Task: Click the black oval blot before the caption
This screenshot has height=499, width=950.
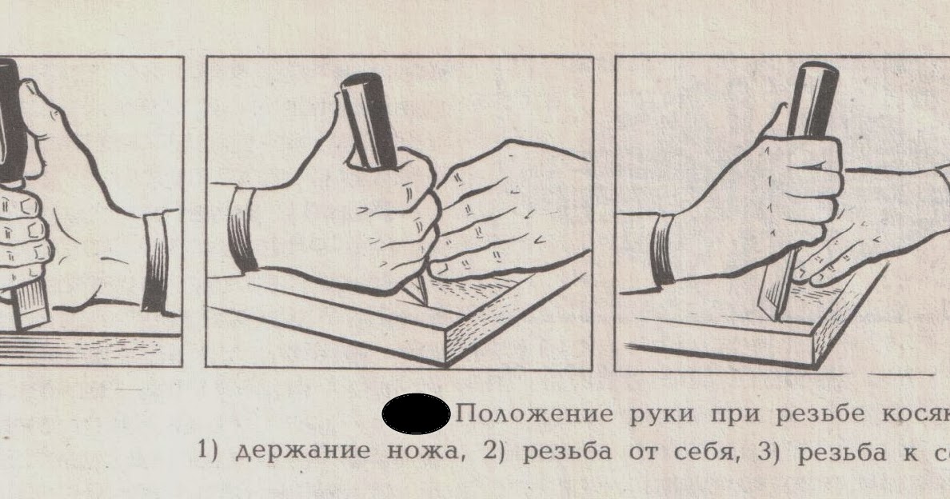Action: click(416, 413)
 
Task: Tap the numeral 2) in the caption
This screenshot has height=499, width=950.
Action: click(494, 450)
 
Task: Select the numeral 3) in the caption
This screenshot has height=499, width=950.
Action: click(767, 450)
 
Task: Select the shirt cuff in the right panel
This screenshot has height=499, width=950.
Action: click(662, 250)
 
